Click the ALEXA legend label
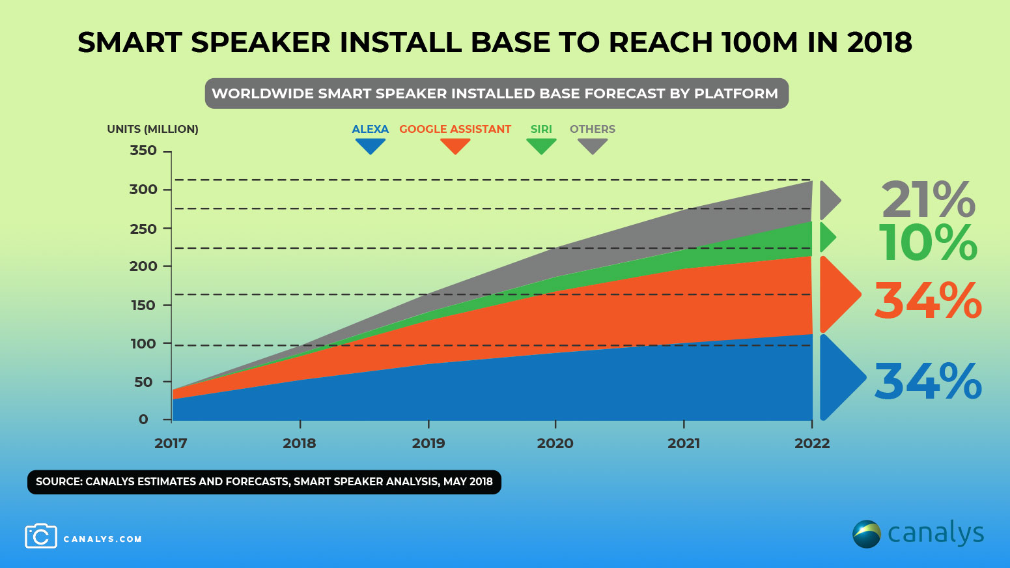coord(370,129)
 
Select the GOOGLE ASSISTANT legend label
coord(455,129)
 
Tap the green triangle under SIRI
coord(541,147)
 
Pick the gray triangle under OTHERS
coord(593,147)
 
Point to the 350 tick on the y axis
coord(143,150)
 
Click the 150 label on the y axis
coord(143,305)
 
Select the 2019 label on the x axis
coord(428,444)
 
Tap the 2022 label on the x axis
coord(812,444)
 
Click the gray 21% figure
coord(928,200)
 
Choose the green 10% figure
coord(928,243)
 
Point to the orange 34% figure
coord(928,301)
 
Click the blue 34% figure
coord(928,382)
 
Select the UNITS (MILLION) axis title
coord(152,129)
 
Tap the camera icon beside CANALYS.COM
coord(41,536)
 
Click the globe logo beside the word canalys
coord(867,534)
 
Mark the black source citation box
coord(264,482)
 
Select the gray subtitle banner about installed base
coord(496,94)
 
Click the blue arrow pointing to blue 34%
coord(840,377)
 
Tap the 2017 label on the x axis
coord(171,444)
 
